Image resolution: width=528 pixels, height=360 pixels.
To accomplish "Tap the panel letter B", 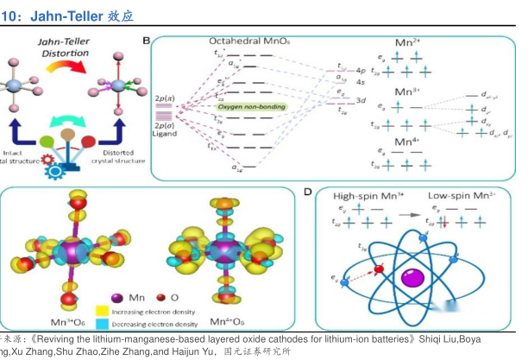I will [147, 41].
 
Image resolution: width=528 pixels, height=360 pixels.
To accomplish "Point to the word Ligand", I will [164, 134].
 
